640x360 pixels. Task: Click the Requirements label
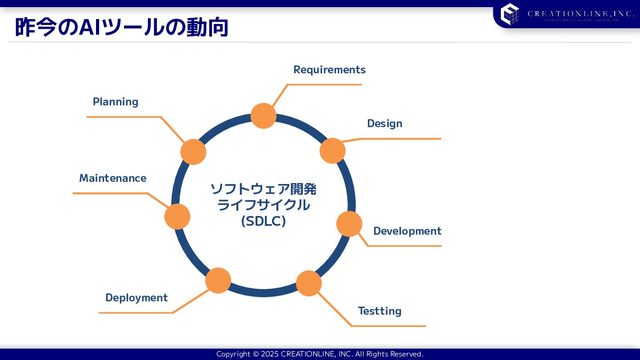(x=329, y=70)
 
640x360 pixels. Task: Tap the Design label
(x=384, y=124)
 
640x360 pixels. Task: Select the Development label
(x=407, y=231)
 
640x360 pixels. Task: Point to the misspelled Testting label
(x=380, y=311)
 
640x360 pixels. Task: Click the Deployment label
(x=136, y=298)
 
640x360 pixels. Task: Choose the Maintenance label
(x=112, y=178)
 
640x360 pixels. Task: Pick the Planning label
(x=116, y=102)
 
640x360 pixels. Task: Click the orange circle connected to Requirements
(x=264, y=116)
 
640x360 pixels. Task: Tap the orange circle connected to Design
(x=332, y=151)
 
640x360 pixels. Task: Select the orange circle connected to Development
(x=349, y=224)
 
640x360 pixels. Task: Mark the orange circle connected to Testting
(x=309, y=283)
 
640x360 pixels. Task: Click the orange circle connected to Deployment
(x=218, y=280)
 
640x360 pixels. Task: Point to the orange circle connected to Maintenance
(x=177, y=216)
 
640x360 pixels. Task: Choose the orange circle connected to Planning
(x=193, y=152)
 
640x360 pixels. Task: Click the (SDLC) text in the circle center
(x=263, y=221)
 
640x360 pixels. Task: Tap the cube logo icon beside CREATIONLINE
(x=510, y=14)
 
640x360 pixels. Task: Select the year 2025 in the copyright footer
(x=270, y=354)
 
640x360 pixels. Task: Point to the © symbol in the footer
(x=256, y=354)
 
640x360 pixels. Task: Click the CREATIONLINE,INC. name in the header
(x=581, y=14)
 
